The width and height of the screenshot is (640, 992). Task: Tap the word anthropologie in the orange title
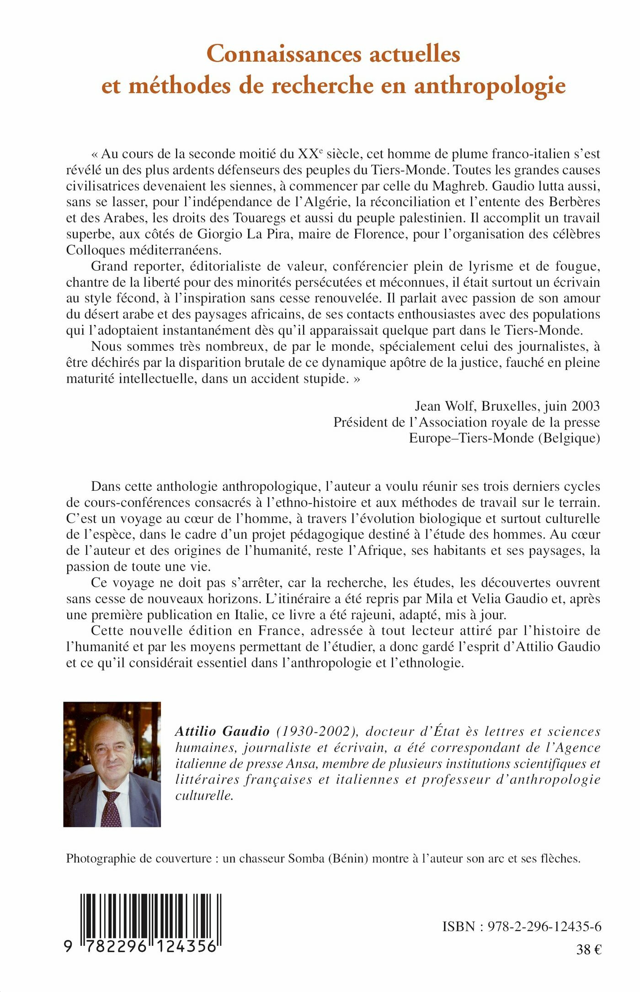(490, 86)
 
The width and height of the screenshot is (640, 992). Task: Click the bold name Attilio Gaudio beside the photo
(222, 731)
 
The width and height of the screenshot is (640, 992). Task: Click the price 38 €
(589, 949)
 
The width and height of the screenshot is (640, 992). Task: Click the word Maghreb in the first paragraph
(460, 186)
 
